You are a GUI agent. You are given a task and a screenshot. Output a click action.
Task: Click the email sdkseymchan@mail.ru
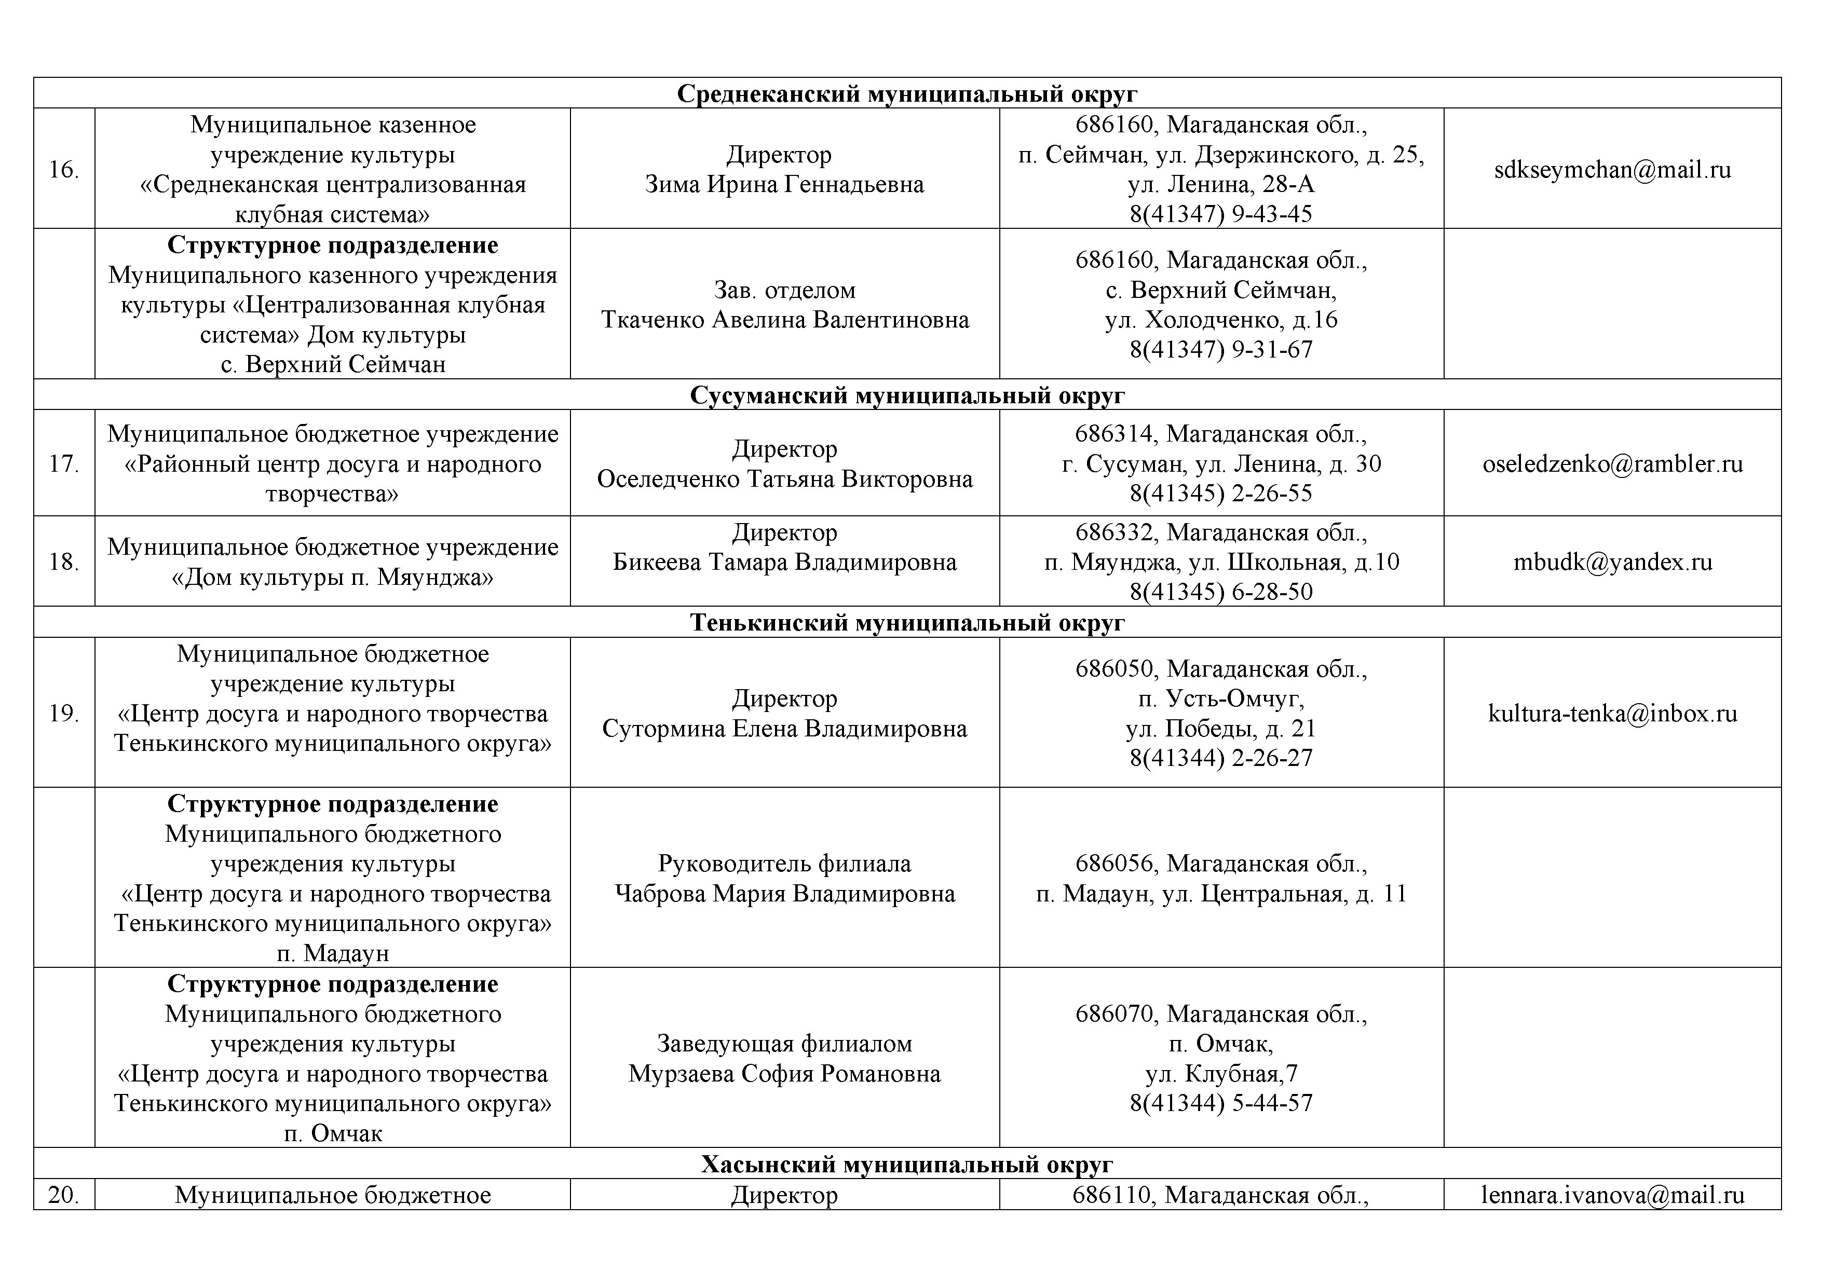click(x=1612, y=170)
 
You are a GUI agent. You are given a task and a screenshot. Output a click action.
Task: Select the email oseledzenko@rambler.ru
click(x=1612, y=464)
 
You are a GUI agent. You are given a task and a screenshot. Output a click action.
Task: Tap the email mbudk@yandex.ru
click(x=1612, y=562)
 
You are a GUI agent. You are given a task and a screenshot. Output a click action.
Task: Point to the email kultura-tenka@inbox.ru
click(x=1612, y=714)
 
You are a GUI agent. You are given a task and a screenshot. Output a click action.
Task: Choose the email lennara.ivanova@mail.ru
click(x=1612, y=1195)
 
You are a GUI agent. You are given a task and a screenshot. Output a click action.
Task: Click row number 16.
click(x=63, y=170)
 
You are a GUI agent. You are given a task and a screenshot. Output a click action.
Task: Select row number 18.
click(x=63, y=562)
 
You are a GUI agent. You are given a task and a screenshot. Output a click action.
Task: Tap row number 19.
click(x=63, y=714)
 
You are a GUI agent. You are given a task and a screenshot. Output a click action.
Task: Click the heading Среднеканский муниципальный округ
click(x=907, y=93)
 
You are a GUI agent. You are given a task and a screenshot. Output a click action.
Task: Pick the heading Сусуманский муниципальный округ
click(x=907, y=395)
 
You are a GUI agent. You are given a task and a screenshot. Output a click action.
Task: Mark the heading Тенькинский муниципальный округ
click(x=907, y=623)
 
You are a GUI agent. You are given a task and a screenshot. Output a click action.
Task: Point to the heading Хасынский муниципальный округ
click(x=907, y=1164)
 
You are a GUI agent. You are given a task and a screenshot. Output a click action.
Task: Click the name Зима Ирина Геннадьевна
click(x=784, y=185)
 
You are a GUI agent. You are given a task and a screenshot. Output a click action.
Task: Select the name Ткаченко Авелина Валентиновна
click(x=784, y=320)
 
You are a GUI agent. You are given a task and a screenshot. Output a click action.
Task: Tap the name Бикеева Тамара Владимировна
click(x=784, y=562)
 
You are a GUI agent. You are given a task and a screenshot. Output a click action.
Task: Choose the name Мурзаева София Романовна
click(x=784, y=1074)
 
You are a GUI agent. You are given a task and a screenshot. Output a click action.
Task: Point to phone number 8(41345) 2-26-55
click(x=1221, y=493)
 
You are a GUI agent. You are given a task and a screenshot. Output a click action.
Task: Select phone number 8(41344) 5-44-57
click(x=1221, y=1103)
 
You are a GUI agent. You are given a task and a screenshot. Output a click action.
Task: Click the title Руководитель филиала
click(x=784, y=864)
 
